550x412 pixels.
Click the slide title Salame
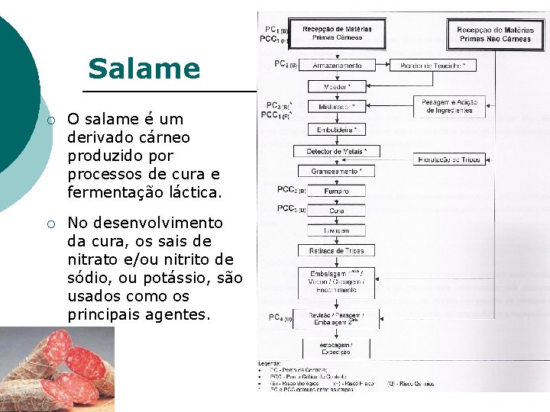point(144,69)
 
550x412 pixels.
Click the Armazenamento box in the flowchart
point(337,66)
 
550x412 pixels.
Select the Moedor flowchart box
point(337,87)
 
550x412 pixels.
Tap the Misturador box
point(337,107)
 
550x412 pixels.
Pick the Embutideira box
point(337,130)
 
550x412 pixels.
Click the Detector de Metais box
point(337,152)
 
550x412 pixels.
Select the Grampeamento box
point(337,172)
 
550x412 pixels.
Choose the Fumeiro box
point(337,191)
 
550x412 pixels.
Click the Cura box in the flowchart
point(337,211)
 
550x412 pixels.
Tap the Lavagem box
point(337,230)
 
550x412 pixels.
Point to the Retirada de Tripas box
point(337,250)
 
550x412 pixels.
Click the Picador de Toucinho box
point(432,66)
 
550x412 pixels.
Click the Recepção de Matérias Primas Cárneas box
point(337,34)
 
